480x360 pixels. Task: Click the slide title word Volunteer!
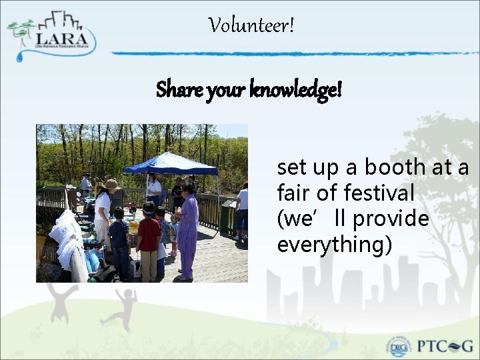(251, 26)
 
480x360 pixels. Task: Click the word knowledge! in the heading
(297, 89)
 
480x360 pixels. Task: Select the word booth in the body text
(394, 167)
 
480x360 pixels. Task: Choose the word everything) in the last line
(334, 245)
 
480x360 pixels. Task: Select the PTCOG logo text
(445, 346)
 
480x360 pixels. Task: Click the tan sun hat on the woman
(111, 185)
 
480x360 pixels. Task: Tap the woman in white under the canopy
(154, 189)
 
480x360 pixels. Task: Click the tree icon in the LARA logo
(22, 31)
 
